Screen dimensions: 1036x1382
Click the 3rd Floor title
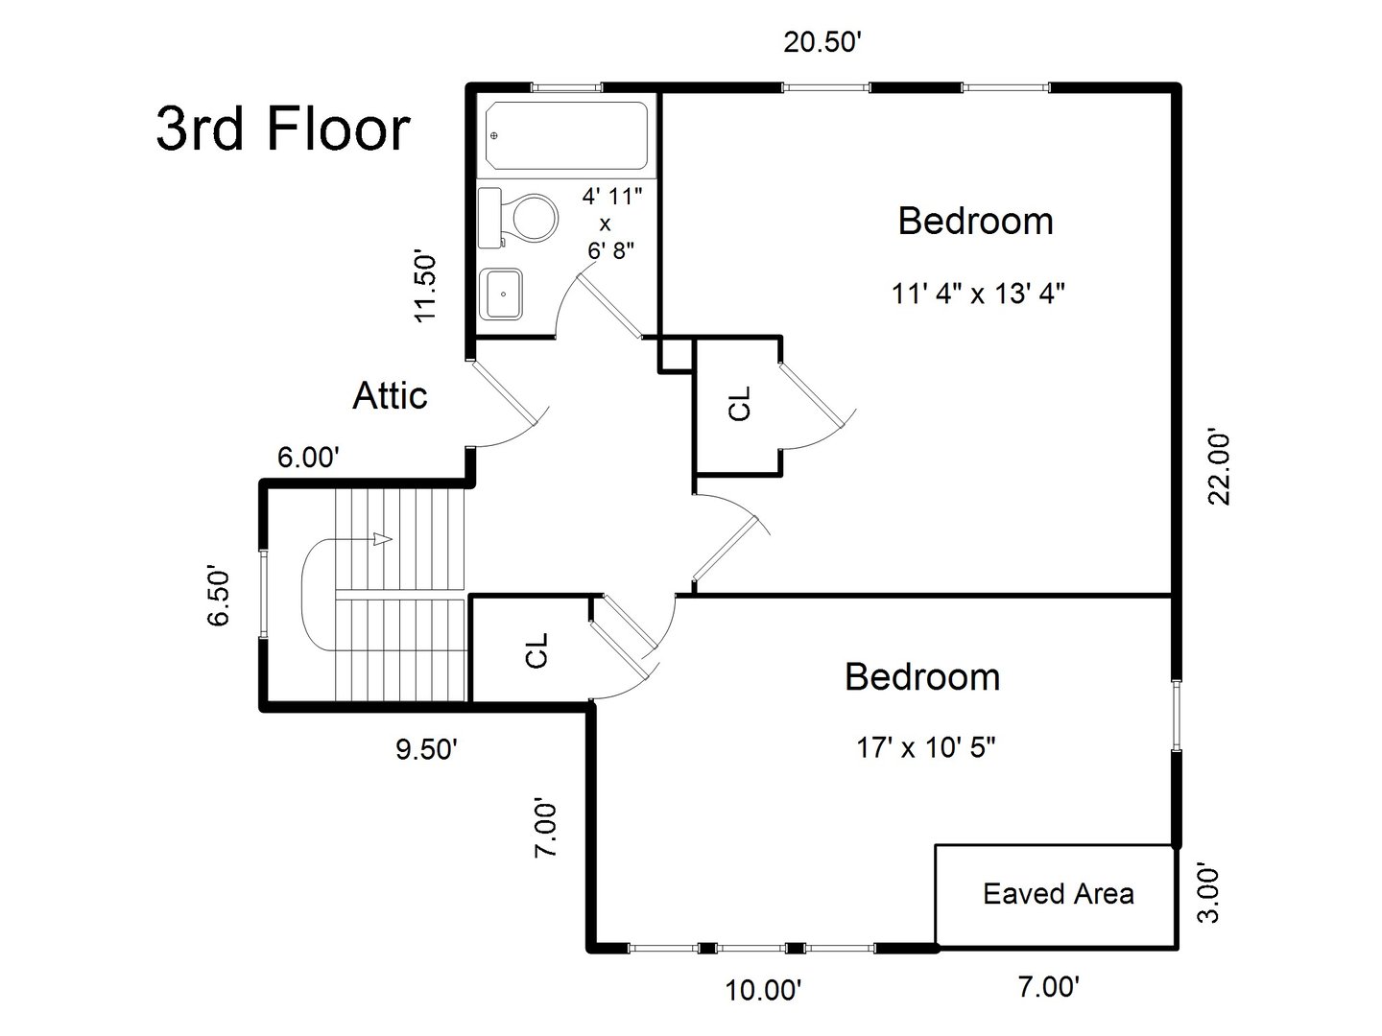click(283, 129)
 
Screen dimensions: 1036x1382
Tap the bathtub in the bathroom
click(566, 135)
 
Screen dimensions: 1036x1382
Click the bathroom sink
click(501, 294)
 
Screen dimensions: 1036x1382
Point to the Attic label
click(390, 395)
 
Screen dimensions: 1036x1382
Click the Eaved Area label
click(1058, 894)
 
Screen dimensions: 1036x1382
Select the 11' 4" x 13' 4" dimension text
click(978, 294)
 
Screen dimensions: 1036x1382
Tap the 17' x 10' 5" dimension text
click(925, 747)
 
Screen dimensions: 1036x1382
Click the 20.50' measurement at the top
click(826, 44)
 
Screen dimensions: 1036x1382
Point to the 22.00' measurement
click(1219, 466)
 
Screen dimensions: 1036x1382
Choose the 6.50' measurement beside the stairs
click(219, 597)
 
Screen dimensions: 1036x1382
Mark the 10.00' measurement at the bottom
click(763, 989)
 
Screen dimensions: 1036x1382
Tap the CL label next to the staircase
click(536, 649)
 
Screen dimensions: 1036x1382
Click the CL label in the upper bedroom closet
click(740, 404)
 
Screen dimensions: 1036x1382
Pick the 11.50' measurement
click(424, 287)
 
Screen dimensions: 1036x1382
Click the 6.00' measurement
click(308, 458)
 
